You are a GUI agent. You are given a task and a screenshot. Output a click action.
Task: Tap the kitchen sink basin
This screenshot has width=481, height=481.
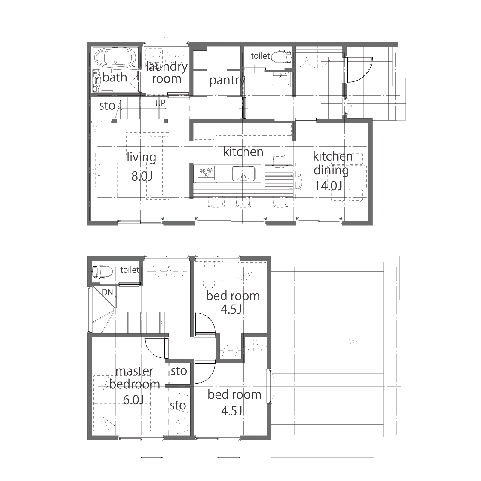pyautogui.click(x=244, y=174)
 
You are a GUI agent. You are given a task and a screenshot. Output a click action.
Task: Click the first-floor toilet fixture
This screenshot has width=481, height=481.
pyautogui.click(x=281, y=56)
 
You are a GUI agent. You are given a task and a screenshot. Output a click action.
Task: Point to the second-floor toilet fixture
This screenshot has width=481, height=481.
pyautogui.click(x=102, y=271)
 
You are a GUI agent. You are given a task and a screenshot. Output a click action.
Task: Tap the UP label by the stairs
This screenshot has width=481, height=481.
pyautogui.click(x=160, y=103)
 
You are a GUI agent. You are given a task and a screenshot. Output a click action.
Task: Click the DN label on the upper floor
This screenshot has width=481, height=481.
pyautogui.click(x=107, y=292)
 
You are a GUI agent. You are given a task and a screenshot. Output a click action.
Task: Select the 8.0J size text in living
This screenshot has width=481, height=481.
pyautogui.click(x=142, y=176)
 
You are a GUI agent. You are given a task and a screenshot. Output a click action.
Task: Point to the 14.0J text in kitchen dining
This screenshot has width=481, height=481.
pyautogui.click(x=328, y=185)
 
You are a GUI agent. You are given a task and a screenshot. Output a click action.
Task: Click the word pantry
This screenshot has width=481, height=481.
pyautogui.click(x=227, y=80)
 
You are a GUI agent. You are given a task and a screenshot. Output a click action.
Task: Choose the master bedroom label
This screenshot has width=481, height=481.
pyautogui.click(x=135, y=378)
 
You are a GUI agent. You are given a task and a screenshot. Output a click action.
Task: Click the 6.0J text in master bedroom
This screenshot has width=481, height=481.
pyautogui.click(x=133, y=400)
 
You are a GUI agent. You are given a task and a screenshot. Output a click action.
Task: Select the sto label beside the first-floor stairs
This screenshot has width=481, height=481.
pyautogui.click(x=107, y=106)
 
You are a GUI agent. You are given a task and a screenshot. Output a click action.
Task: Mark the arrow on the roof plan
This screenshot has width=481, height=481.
pyautogui.click(x=342, y=342)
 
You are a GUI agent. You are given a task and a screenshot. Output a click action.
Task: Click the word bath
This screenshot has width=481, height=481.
pyautogui.click(x=115, y=77)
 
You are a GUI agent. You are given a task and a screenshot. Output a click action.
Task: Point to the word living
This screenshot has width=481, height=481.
pyautogui.click(x=141, y=157)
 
